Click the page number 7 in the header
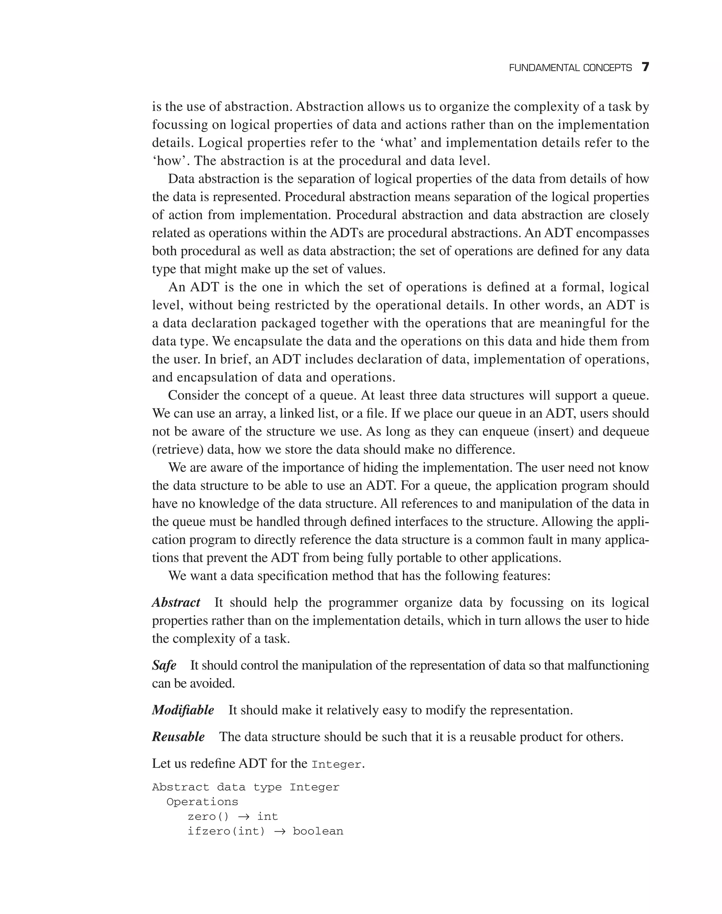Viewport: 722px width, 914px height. [645, 67]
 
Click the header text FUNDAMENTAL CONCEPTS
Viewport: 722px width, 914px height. [570, 68]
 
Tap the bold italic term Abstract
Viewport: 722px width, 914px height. [176, 602]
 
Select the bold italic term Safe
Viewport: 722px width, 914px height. [164, 665]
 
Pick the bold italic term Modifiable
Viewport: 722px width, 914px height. [183, 710]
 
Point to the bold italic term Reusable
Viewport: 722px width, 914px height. [178, 736]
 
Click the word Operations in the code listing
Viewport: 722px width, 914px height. [202, 802]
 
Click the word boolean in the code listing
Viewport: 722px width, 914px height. [318, 831]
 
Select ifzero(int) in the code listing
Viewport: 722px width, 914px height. [226, 831]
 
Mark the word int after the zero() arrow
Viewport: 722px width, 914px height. [268, 816]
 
